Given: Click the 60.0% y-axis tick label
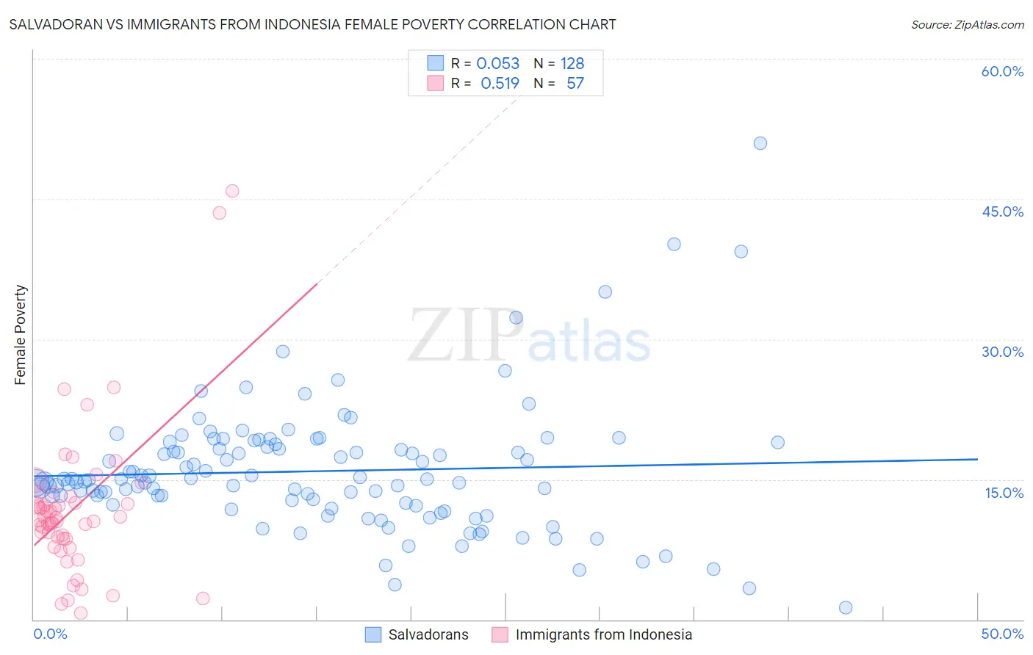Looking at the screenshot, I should (x=1002, y=71).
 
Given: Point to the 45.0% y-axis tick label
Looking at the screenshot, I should (x=1002, y=211).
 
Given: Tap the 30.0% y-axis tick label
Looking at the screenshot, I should (x=1002, y=352).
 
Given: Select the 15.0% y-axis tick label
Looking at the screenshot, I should (x=1004, y=493).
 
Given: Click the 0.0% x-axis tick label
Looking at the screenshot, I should (x=50, y=634).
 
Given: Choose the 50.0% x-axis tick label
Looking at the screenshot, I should (x=1002, y=634).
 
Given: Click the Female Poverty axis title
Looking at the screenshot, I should (x=21, y=335).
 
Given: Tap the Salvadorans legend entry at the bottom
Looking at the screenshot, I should (x=428, y=634).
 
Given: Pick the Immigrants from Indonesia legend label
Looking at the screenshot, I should (x=603, y=634).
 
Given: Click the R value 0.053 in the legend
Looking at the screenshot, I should (x=497, y=63).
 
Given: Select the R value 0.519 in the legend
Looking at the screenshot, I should (x=500, y=83).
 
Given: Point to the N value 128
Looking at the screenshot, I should (x=572, y=63).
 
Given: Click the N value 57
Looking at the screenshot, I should (x=575, y=83).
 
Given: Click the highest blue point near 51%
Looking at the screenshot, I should (x=760, y=143).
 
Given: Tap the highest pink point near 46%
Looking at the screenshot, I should (x=232, y=191).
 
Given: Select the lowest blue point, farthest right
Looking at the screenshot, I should (x=846, y=607).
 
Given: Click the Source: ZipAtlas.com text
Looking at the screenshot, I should (x=967, y=25).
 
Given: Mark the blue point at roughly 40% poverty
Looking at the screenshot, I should (x=674, y=245).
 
